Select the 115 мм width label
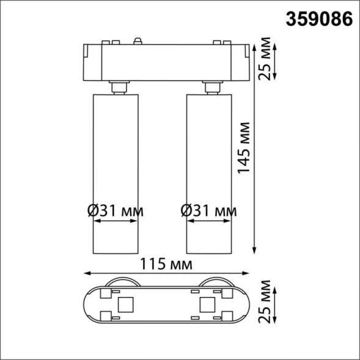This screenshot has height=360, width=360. point(164,265)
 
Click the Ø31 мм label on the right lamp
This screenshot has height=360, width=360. point(209,211)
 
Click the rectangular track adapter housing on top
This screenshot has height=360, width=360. point(164,62)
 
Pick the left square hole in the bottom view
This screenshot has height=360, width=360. point(127,304)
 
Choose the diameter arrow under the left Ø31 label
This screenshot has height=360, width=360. point(116,222)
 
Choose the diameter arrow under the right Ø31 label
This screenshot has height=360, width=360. point(209,222)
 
